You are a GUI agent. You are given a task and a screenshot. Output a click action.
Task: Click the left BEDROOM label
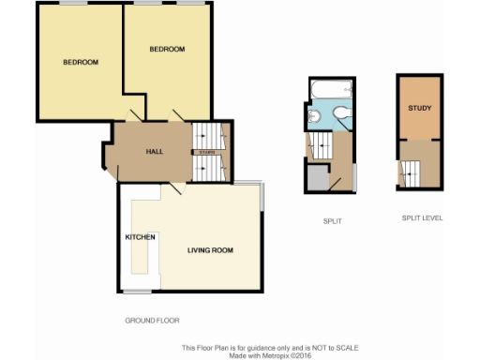(x=81, y=63)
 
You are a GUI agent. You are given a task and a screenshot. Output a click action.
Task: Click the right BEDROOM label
(x=167, y=49)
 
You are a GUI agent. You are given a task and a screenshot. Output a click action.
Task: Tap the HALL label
(x=155, y=152)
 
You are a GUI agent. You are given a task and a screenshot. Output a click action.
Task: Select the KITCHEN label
(x=140, y=237)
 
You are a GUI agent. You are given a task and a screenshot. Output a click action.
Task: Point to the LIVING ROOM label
(x=209, y=250)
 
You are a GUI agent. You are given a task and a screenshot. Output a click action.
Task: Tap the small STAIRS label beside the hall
(x=208, y=152)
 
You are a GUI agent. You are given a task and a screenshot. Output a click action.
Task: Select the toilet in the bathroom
(x=341, y=116)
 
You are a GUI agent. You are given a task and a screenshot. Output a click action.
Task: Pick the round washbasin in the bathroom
(x=316, y=116)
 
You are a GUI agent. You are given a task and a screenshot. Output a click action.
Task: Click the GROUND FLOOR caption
(x=152, y=321)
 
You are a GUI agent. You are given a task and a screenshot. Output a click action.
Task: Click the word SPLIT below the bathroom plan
(x=331, y=221)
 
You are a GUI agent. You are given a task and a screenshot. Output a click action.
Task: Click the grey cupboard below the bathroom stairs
(x=319, y=178)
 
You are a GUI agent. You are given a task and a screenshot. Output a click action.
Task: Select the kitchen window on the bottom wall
(x=138, y=291)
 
